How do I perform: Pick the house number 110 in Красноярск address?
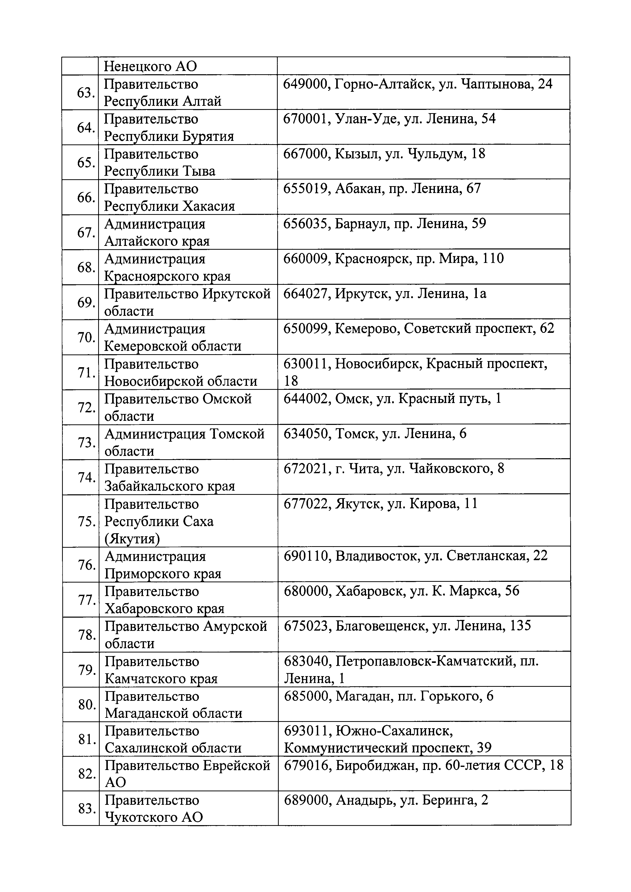tap(493, 258)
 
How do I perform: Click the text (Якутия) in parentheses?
tap(132, 539)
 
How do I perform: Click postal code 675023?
tap(307, 626)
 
